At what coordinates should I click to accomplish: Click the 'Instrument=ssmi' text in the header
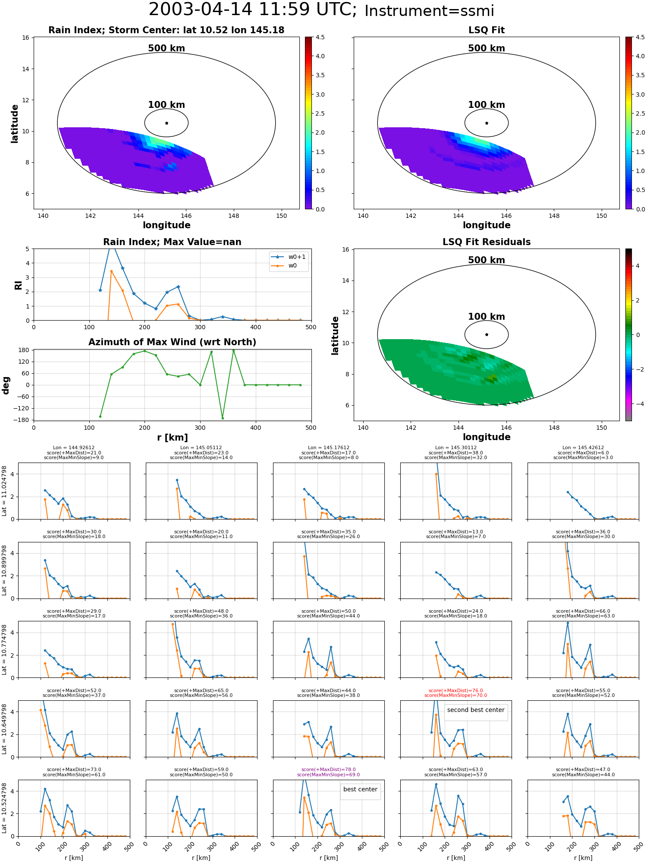click(x=429, y=11)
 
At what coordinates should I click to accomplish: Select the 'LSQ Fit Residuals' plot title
click(x=487, y=242)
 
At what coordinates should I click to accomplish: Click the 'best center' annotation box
click(x=360, y=789)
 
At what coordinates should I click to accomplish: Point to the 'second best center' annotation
click(x=476, y=710)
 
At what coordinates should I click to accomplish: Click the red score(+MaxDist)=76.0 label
click(x=456, y=690)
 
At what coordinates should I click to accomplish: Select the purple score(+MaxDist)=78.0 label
click(x=329, y=769)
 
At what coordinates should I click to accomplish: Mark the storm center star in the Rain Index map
click(x=166, y=123)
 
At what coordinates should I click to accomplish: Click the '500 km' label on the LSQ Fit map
click(x=487, y=48)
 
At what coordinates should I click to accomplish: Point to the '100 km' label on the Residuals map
click(x=487, y=317)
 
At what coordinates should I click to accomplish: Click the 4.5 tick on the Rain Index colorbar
click(x=320, y=37)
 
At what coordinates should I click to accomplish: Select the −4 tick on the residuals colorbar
click(x=638, y=404)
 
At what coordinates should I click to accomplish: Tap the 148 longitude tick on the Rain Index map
click(x=233, y=216)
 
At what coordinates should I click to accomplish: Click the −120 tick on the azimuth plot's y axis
click(x=24, y=408)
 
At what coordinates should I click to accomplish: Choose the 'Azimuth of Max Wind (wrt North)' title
click(x=172, y=342)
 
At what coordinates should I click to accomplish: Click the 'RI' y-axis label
click(x=18, y=285)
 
